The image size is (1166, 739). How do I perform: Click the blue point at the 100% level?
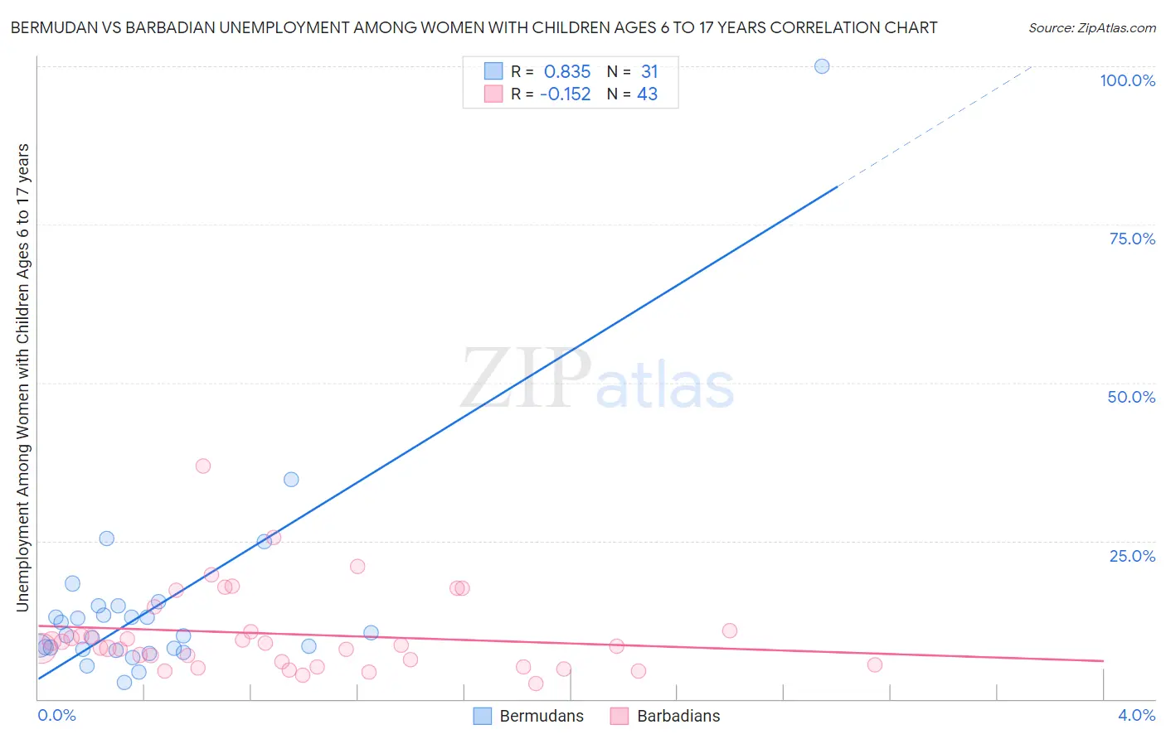822,66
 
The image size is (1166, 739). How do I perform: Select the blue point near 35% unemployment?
291,480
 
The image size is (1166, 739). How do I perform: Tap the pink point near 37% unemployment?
203,466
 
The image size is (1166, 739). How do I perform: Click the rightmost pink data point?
875,664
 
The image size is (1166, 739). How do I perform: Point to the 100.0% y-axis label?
1127,80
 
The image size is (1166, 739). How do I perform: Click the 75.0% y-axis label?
1132,239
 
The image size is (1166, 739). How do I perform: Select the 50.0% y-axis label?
1131,397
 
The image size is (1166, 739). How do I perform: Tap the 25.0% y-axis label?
1132,556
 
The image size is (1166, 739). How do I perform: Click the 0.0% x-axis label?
56,715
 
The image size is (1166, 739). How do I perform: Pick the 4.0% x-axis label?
1136,715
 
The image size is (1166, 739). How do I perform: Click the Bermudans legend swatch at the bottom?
483,716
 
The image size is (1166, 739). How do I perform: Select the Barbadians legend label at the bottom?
678,716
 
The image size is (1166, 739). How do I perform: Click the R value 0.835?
567,72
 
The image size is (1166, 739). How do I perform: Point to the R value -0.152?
565,94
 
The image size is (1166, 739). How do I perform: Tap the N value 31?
649,72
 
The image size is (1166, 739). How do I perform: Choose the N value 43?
647,94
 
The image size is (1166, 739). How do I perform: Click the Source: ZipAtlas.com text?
1091,28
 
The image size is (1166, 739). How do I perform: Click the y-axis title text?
22,378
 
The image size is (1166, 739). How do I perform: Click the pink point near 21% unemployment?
357,567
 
